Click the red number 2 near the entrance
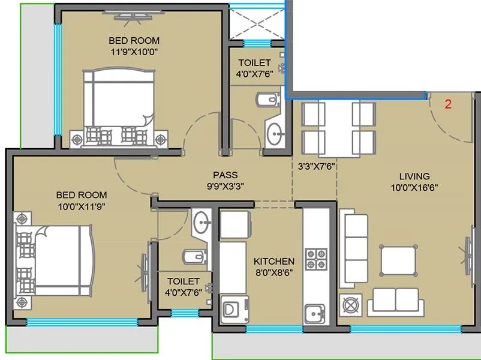[447, 103]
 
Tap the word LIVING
[414, 176]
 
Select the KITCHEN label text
[273, 262]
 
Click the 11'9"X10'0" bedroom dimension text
[134, 51]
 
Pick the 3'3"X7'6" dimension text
[315, 166]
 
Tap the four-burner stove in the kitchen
[315, 258]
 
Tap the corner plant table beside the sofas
[349, 304]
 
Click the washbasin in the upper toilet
[276, 133]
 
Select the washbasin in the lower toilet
[201, 221]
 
